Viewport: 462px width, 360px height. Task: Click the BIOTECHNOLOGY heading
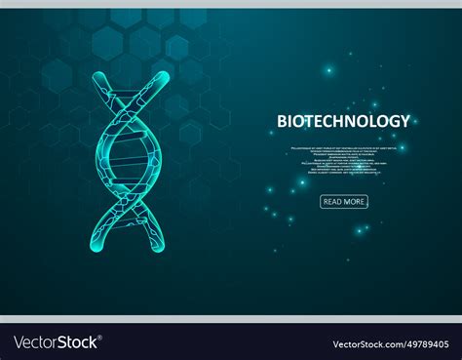coord(343,121)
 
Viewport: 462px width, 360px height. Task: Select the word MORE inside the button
coord(354,202)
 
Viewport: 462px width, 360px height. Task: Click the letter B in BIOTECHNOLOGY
coord(283,121)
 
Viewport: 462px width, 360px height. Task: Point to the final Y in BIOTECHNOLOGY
coord(404,121)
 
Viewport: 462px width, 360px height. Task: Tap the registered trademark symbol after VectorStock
coord(101,338)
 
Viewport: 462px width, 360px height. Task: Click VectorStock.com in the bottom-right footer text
coord(367,343)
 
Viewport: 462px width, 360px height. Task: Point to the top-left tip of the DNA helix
coord(95,74)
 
